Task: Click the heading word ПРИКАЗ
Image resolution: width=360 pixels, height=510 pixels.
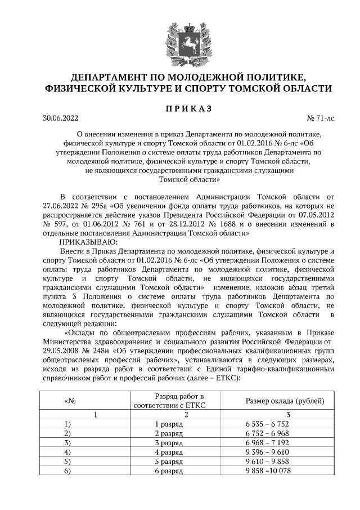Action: [180, 108]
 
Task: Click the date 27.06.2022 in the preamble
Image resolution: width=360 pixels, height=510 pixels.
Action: [62, 206]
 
